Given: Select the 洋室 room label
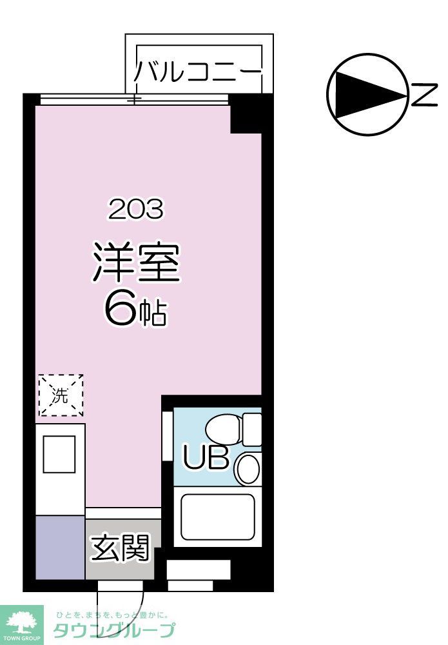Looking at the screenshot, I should tap(135, 263).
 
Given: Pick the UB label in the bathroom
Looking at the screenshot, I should tap(206, 457).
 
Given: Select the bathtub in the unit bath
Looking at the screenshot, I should tap(217, 517).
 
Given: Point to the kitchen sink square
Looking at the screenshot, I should tap(59, 455).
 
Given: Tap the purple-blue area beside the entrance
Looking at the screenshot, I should tap(60, 547).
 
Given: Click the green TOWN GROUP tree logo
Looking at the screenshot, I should tap(21, 622).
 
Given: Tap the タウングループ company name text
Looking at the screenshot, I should tap(115, 631).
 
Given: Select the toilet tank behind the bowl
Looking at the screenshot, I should tap(252, 429).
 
